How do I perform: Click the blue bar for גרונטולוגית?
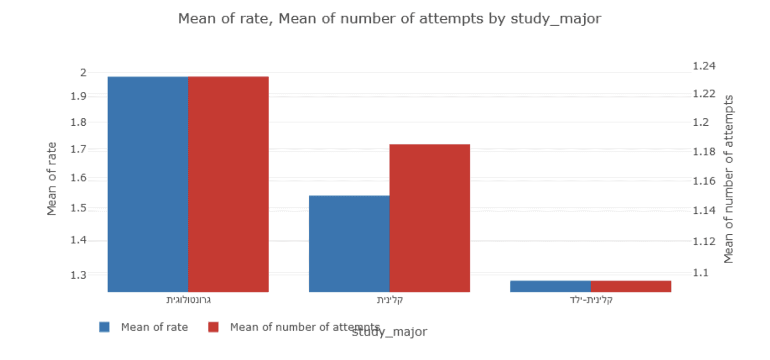point(148,184)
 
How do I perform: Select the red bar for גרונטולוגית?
point(228,184)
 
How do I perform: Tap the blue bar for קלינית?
point(349,244)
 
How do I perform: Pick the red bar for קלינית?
point(430,218)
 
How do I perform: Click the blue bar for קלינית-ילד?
point(550,286)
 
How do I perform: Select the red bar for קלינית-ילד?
point(631,286)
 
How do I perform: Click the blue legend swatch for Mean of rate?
point(104,327)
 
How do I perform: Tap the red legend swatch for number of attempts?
point(213,327)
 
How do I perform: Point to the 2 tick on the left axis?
point(83,73)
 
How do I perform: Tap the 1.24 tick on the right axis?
point(705,66)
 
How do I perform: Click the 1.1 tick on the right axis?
point(702,273)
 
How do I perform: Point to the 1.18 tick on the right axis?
point(705,152)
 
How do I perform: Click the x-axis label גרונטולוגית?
point(188,301)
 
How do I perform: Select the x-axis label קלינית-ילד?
point(591,301)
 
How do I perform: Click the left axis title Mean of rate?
point(52,179)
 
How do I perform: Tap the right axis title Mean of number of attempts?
point(729,179)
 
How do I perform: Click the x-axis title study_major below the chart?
point(389,332)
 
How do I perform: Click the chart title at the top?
point(389,19)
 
